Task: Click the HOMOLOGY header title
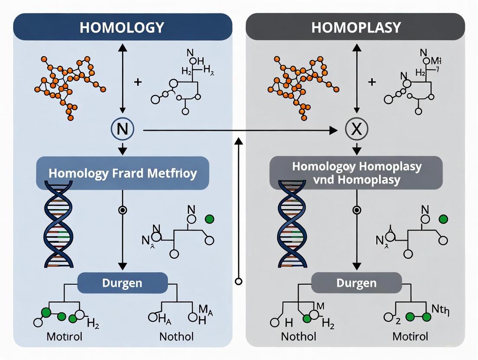pos(122,27)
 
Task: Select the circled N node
pos(123,129)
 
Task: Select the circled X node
pos(356,129)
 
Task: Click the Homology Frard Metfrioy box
pos(123,174)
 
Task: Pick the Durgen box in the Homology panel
pos(122,283)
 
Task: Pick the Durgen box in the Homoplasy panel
pos(356,283)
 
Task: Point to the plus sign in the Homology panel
pos(138,82)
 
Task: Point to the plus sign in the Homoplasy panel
pos(371,82)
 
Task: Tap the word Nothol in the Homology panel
pos(176,336)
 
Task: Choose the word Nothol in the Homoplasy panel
pos(298,336)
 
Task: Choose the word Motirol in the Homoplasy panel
pos(410,336)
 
